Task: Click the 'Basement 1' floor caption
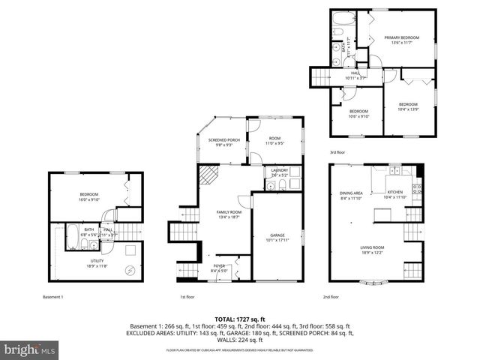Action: coord(53,297)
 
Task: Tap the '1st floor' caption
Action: coord(187,297)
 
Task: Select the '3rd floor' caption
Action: coord(338,152)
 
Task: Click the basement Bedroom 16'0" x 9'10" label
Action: coord(88,196)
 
